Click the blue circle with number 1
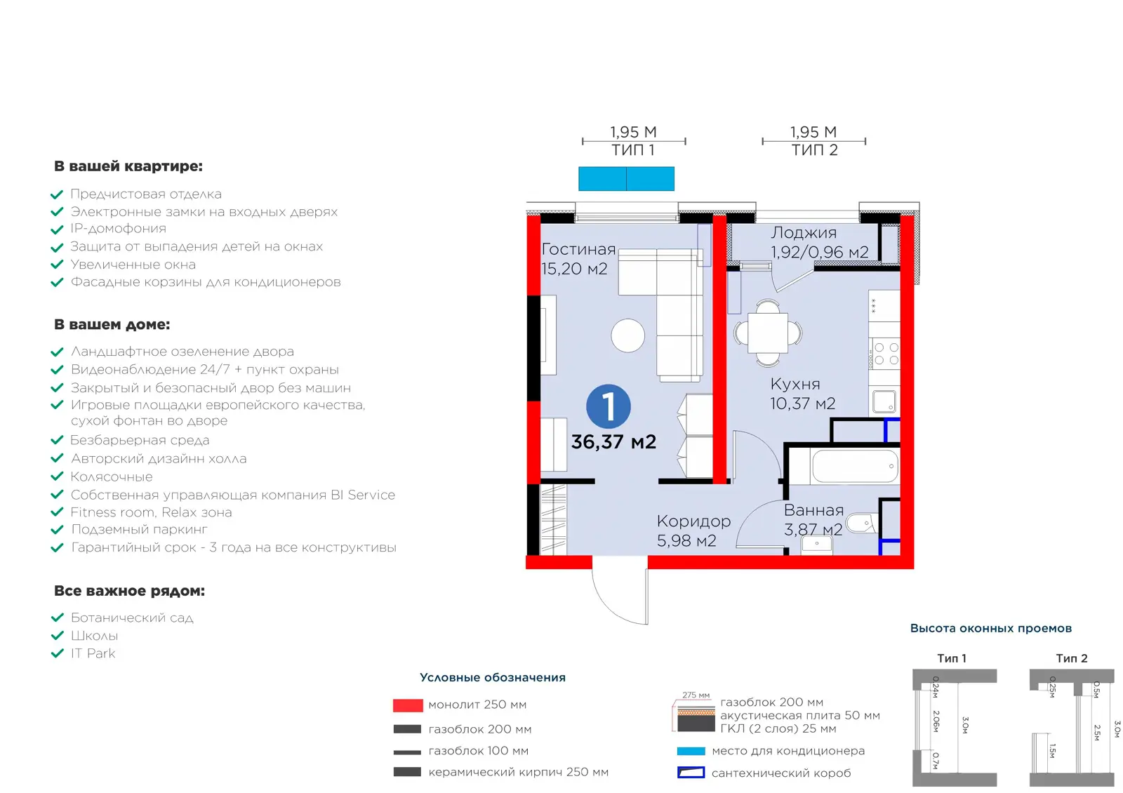coord(608,406)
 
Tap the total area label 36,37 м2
coord(613,441)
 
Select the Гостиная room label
coord(578,249)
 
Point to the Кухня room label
coord(795,384)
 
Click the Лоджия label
coord(804,232)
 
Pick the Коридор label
coord(694,522)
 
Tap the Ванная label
coord(813,510)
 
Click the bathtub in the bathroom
coord(856,466)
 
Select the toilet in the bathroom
coord(861,523)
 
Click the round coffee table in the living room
coord(627,335)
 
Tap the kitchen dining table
coord(768,333)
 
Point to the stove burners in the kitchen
coord(886,354)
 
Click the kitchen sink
coord(884,401)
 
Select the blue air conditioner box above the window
coord(626,178)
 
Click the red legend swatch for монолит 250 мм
coord(408,705)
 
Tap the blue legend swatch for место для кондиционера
coord(691,751)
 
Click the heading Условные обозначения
coord(492,678)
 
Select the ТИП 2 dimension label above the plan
coord(814,150)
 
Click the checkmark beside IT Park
coord(57,653)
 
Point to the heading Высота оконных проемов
coord(990,629)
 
